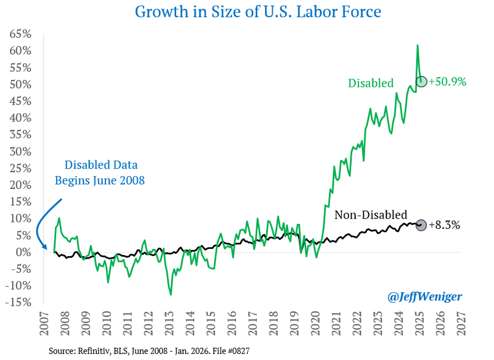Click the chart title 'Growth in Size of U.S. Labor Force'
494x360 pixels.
tap(258, 12)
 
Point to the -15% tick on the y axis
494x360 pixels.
tap(18, 302)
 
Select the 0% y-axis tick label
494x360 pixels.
tap(23, 252)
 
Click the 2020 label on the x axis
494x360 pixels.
tap(316, 325)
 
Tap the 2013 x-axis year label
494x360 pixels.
tap(169, 325)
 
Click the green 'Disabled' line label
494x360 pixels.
tap(370, 83)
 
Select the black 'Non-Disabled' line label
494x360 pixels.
tap(370, 215)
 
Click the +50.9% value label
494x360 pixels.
tap(447, 82)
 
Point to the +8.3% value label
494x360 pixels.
tap(444, 225)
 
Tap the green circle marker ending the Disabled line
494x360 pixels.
tap(421, 82)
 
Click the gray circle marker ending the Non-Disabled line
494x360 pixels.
tap(421, 225)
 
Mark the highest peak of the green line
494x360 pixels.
tap(417, 45)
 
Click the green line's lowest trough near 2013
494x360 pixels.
tap(170, 295)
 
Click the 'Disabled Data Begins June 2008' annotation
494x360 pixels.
tap(100, 173)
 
